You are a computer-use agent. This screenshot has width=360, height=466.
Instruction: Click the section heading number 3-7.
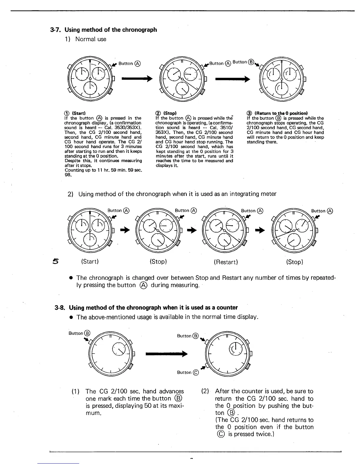(56, 30)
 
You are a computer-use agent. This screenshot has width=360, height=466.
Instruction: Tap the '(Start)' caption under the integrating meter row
(90, 262)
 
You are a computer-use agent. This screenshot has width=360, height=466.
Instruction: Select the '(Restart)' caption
(226, 262)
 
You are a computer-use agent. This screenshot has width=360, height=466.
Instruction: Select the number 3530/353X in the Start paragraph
(127, 128)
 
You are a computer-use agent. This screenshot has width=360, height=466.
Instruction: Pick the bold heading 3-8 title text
(153, 308)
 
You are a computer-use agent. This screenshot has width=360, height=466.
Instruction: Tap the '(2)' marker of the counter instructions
(205, 391)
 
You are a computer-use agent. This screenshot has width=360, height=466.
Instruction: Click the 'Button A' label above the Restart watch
(252, 211)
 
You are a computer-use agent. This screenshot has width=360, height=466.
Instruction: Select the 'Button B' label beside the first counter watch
(79, 333)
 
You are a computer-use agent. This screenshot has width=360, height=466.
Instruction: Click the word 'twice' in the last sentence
(263, 434)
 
